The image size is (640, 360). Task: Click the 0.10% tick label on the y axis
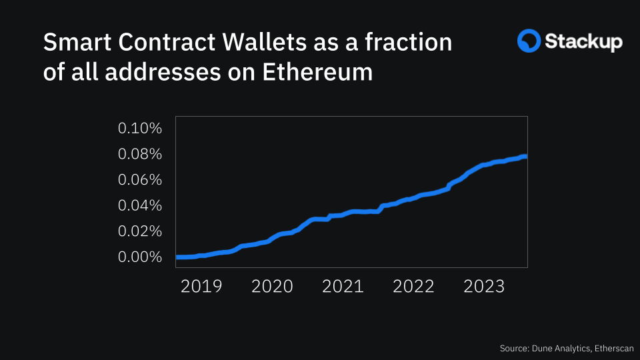click(140, 128)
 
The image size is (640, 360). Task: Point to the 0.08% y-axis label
click(140, 154)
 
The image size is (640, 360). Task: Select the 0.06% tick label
click(140, 180)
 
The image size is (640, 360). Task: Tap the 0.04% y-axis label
click(140, 205)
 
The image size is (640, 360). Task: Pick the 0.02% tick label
click(140, 231)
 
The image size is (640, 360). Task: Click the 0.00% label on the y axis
click(140, 257)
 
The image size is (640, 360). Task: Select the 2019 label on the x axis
click(201, 287)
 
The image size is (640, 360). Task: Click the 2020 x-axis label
click(272, 287)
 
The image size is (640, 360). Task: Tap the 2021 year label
click(343, 287)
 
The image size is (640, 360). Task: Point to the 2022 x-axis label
click(413, 287)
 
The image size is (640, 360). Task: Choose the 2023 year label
click(484, 287)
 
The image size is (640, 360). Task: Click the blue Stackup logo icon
click(529, 41)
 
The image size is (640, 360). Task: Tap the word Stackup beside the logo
click(584, 42)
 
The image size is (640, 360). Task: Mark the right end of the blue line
click(525, 157)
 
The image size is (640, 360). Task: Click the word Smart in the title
click(73, 43)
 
